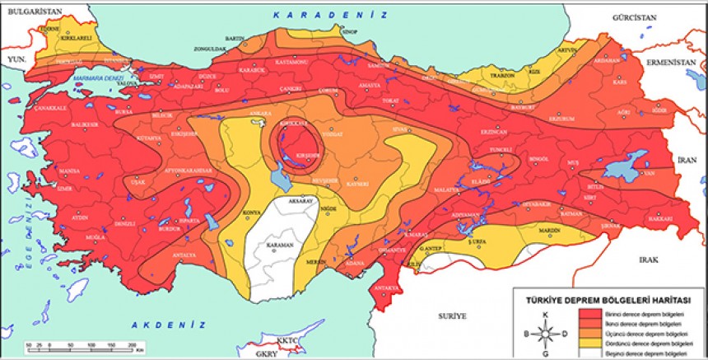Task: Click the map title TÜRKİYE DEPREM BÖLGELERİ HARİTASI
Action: coord(608,301)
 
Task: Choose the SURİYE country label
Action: coord(452,316)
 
